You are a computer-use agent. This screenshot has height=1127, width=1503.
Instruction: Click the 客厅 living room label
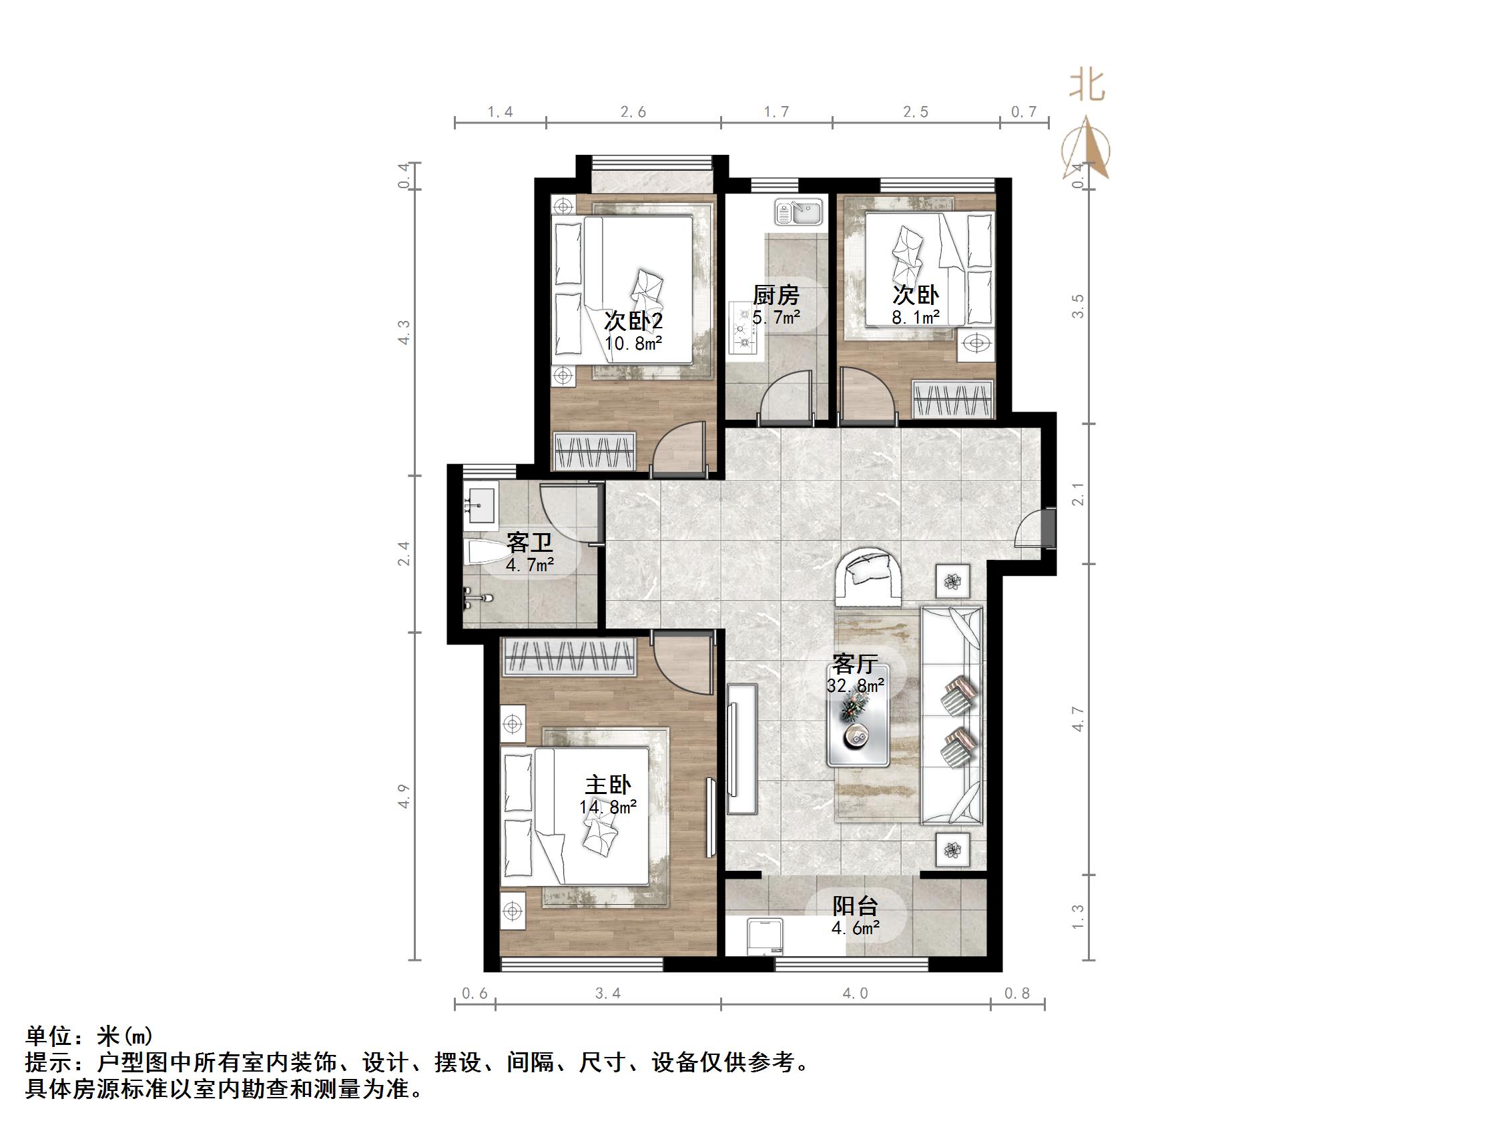tap(856, 663)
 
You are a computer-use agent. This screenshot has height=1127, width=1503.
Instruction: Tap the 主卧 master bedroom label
tap(607, 785)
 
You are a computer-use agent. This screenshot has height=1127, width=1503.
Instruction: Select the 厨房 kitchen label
tap(776, 296)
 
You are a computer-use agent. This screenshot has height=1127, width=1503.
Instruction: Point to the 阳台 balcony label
tap(856, 906)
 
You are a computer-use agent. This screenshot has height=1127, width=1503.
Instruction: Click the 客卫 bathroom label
tap(529, 542)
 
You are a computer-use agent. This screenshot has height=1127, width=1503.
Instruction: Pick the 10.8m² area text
tap(633, 344)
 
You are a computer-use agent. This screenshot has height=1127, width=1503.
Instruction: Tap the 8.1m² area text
tap(915, 317)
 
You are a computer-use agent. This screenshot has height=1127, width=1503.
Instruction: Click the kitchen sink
tap(799, 212)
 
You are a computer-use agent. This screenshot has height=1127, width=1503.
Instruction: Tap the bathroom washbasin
tap(481, 502)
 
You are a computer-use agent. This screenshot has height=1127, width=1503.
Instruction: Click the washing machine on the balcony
tap(764, 937)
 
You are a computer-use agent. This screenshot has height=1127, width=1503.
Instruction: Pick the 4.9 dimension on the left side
tap(404, 796)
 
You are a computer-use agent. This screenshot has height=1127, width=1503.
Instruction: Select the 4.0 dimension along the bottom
tap(855, 994)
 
